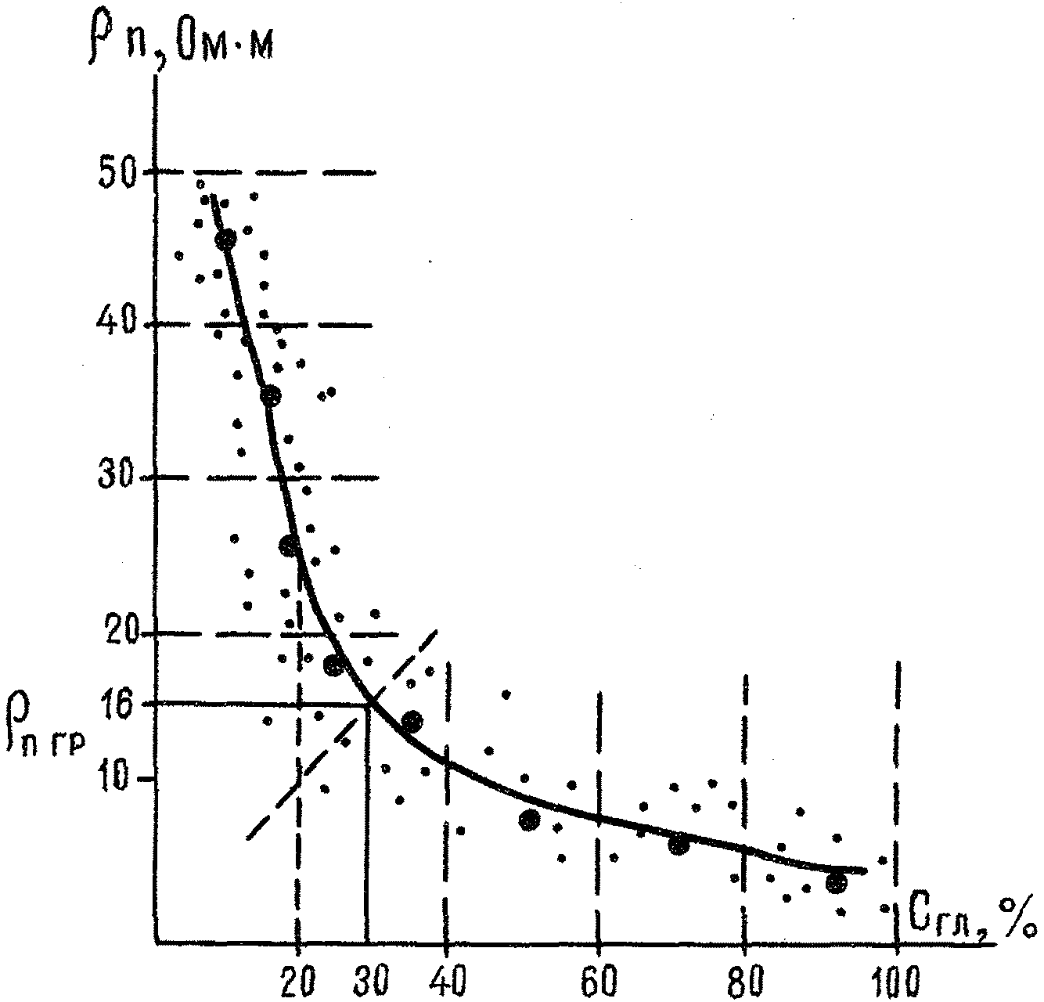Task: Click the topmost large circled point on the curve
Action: point(225,240)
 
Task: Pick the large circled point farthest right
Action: point(836,883)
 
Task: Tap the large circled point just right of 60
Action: point(679,844)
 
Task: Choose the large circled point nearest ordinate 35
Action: point(270,396)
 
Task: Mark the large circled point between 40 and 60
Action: point(530,820)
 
